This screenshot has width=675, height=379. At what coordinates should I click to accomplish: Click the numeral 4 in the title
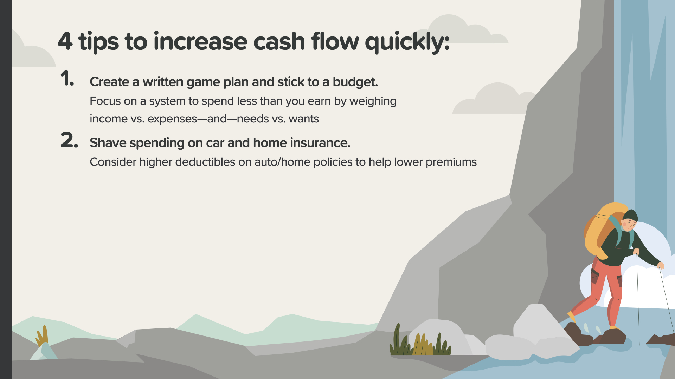pos(65,41)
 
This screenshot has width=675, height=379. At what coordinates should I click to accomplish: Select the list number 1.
pos(67,78)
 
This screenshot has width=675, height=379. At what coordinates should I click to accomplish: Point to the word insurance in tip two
pos(320,143)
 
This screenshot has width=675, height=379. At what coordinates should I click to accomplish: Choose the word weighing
pos(373,101)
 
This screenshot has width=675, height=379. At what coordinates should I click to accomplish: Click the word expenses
pos(172,119)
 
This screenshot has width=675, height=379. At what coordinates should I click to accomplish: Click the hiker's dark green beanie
pos(630,215)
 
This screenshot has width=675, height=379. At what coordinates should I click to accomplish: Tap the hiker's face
pos(629,224)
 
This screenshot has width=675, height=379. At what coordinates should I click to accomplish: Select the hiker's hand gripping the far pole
pos(661,266)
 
